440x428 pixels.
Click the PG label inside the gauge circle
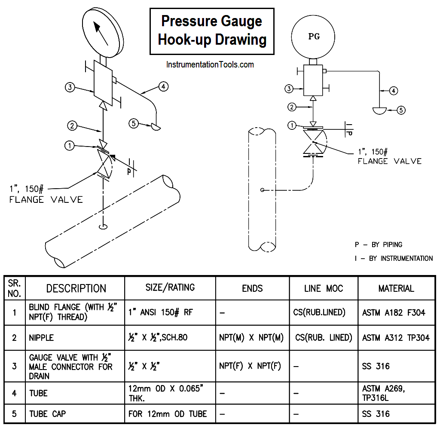pyautogui.click(x=314, y=37)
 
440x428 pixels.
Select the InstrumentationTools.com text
pyautogui.click(x=210, y=65)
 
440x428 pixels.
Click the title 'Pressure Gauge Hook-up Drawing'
pyautogui.click(x=212, y=31)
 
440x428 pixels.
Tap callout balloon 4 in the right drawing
pyautogui.click(x=394, y=91)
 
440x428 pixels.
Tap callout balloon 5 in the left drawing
pyautogui.click(x=134, y=124)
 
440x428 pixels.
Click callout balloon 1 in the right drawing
pyautogui.click(x=292, y=125)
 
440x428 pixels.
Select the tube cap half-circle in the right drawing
pyautogui.click(x=379, y=110)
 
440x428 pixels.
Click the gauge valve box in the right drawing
pyautogui.click(x=313, y=80)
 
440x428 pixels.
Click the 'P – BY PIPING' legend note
pyautogui.click(x=378, y=245)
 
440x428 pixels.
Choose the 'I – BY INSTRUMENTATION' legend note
pyautogui.click(x=394, y=258)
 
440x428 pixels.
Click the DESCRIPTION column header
pyautogui.click(x=76, y=288)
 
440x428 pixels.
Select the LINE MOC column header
pyautogui.click(x=323, y=288)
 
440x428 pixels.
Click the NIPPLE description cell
pyautogui.click(x=42, y=338)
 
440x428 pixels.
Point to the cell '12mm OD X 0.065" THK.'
pyautogui.click(x=165, y=393)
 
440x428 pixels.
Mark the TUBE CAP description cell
pyautogui.click(x=47, y=414)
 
